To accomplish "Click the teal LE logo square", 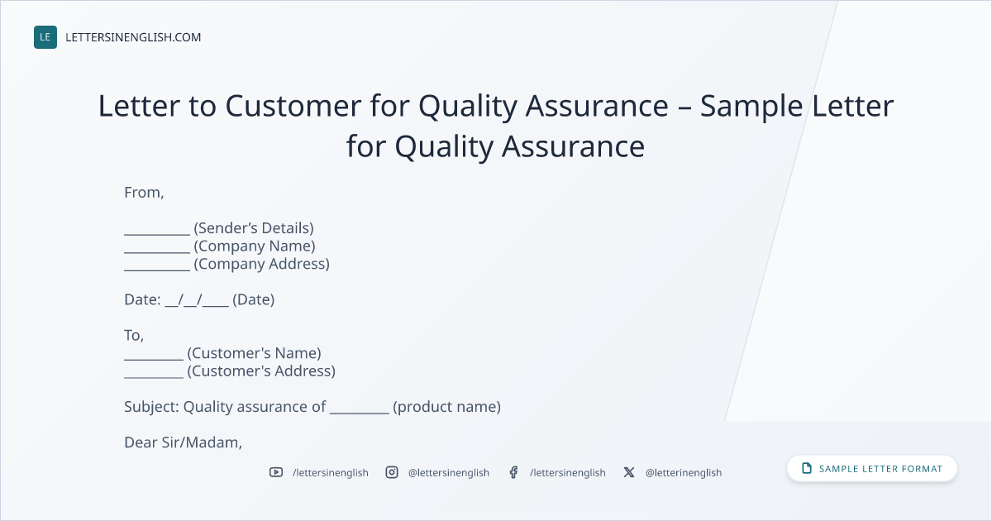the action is pos(45,37).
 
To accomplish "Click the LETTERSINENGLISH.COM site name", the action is pos(133,37).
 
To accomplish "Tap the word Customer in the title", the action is pos(293,106).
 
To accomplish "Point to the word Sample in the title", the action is pos(751,108).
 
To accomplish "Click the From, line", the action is pos(144,192).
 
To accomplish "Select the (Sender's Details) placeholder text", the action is pos(254,228).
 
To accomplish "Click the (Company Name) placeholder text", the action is pos(255,246).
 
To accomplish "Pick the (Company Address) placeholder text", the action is pos(262,264).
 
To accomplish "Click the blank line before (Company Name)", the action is pos(157,252).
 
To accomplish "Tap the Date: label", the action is pos(142,299).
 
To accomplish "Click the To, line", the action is pos(134,336).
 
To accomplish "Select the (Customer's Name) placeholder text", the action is pos(255,353).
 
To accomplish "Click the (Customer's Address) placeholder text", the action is pos(261,370).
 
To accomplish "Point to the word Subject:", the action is pos(151,407).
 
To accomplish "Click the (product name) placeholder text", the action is pos(447,407).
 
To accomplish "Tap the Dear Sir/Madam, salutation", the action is pos(183,442).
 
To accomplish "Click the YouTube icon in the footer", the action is pos(276,472).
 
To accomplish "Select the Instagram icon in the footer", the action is pos(392,472).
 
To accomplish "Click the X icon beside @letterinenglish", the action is pos(629,472).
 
